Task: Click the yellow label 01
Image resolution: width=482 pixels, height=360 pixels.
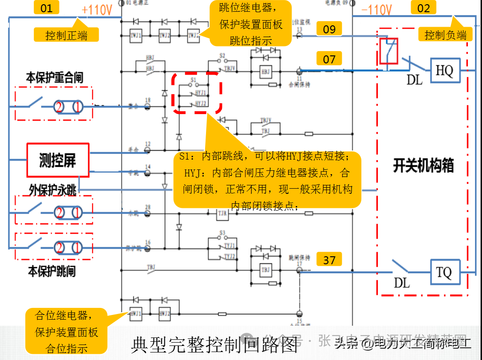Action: click(x=46, y=8)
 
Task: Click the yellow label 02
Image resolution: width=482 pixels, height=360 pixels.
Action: click(x=423, y=8)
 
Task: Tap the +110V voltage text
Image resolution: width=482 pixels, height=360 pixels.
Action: click(x=97, y=10)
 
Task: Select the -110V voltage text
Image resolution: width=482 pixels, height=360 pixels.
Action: click(x=377, y=10)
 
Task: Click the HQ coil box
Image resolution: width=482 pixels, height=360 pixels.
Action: click(x=444, y=70)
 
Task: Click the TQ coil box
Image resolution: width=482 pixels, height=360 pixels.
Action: click(x=444, y=272)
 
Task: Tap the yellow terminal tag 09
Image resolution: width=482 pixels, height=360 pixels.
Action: click(x=329, y=30)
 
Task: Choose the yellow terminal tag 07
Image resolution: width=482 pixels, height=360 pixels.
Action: click(x=329, y=59)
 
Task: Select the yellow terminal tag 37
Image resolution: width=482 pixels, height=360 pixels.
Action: click(x=329, y=259)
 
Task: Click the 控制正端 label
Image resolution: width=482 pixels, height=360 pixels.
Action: click(x=66, y=35)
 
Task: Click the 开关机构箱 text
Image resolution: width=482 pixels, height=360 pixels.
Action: click(x=423, y=166)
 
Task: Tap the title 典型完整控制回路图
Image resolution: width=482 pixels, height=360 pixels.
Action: click(x=215, y=345)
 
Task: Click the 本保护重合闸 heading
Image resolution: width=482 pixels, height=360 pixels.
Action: click(x=54, y=78)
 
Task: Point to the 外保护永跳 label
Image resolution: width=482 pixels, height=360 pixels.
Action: click(x=53, y=190)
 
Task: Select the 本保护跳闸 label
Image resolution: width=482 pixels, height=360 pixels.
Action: click(x=52, y=271)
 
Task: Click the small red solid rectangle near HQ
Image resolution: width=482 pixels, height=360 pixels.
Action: click(x=389, y=51)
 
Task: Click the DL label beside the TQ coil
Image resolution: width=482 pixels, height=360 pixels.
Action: click(x=402, y=283)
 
